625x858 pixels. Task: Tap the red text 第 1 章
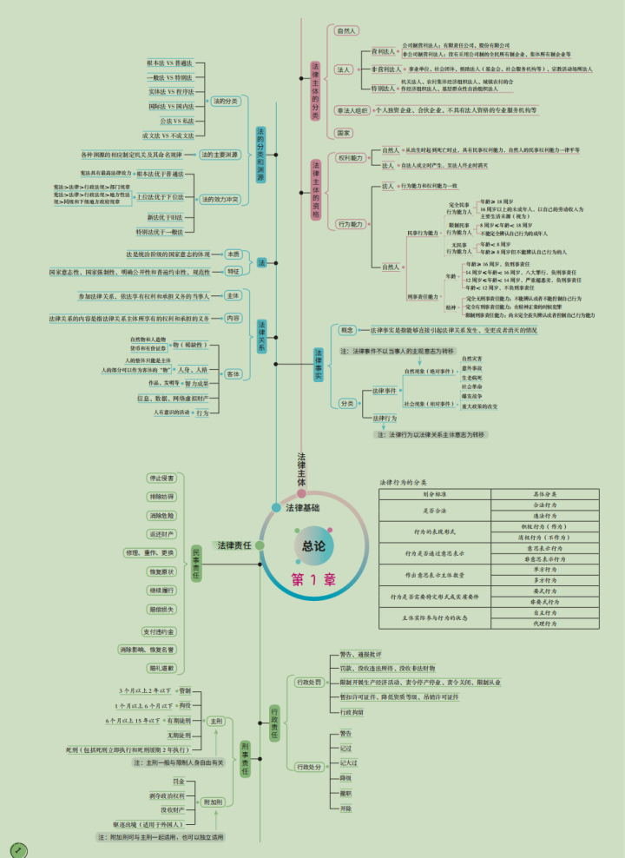(313, 580)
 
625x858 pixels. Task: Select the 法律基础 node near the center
(302, 507)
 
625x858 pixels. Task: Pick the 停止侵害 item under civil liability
(161, 478)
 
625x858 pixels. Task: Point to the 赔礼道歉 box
(161, 668)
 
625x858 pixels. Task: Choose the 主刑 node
(215, 721)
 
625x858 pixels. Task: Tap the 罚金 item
(179, 782)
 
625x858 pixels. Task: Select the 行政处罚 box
(308, 682)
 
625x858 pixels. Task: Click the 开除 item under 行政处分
(346, 808)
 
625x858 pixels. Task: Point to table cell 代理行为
(545, 624)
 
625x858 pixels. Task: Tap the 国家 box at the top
(344, 133)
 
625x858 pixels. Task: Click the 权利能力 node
(351, 158)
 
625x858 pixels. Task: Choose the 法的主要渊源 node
(220, 155)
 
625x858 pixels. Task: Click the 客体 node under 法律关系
(233, 373)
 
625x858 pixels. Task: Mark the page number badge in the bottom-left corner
(16, 848)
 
